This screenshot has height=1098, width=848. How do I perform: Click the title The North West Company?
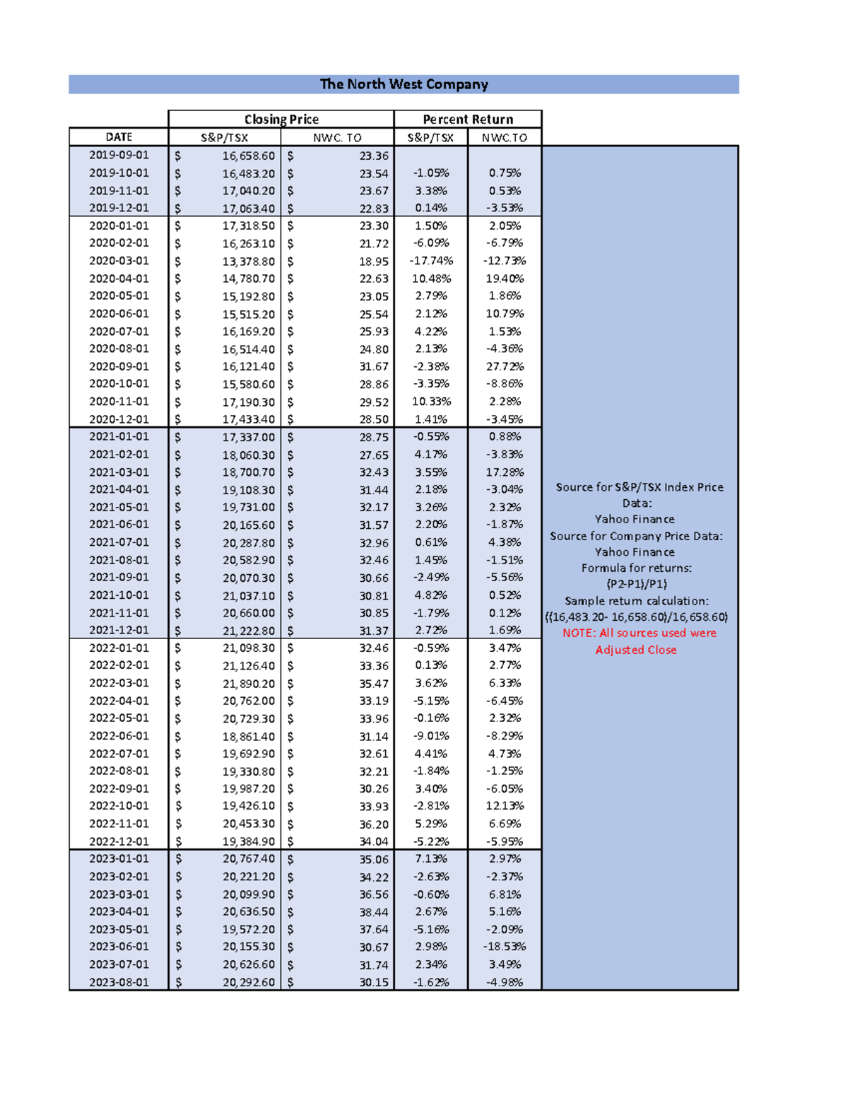(x=404, y=84)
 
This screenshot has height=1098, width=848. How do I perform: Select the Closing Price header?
(x=281, y=119)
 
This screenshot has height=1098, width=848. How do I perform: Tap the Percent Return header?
(x=468, y=119)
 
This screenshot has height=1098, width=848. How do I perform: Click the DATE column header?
(x=119, y=137)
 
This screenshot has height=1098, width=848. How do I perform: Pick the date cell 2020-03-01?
(x=119, y=261)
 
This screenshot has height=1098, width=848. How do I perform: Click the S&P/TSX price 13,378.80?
(x=248, y=261)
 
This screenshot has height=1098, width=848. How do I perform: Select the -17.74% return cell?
(x=431, y=261)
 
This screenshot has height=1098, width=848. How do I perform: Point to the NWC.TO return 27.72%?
(x=505, y=366)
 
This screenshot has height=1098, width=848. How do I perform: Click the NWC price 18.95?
(x=374, y=261)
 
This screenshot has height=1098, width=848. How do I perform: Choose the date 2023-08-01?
(x=119, y=982)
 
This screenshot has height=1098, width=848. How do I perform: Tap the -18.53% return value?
(x=505, y=947)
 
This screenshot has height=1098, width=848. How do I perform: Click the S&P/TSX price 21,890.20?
(x=248, y=683)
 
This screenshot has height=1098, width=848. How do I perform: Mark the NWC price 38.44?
(x=374, y=912)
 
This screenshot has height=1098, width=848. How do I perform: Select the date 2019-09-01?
(x=119, y=155)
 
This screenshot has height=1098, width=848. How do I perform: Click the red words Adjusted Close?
(x=635, y=650)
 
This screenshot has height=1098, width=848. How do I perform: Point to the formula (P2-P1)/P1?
(x=636, y=584)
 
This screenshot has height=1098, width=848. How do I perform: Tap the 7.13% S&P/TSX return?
(x=431, y=859)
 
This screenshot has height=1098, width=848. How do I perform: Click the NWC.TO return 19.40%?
(x=505, y=279)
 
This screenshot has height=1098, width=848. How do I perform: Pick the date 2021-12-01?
(x=119, y=630)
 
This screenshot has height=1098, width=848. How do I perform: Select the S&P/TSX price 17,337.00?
(x=248, y=437)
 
